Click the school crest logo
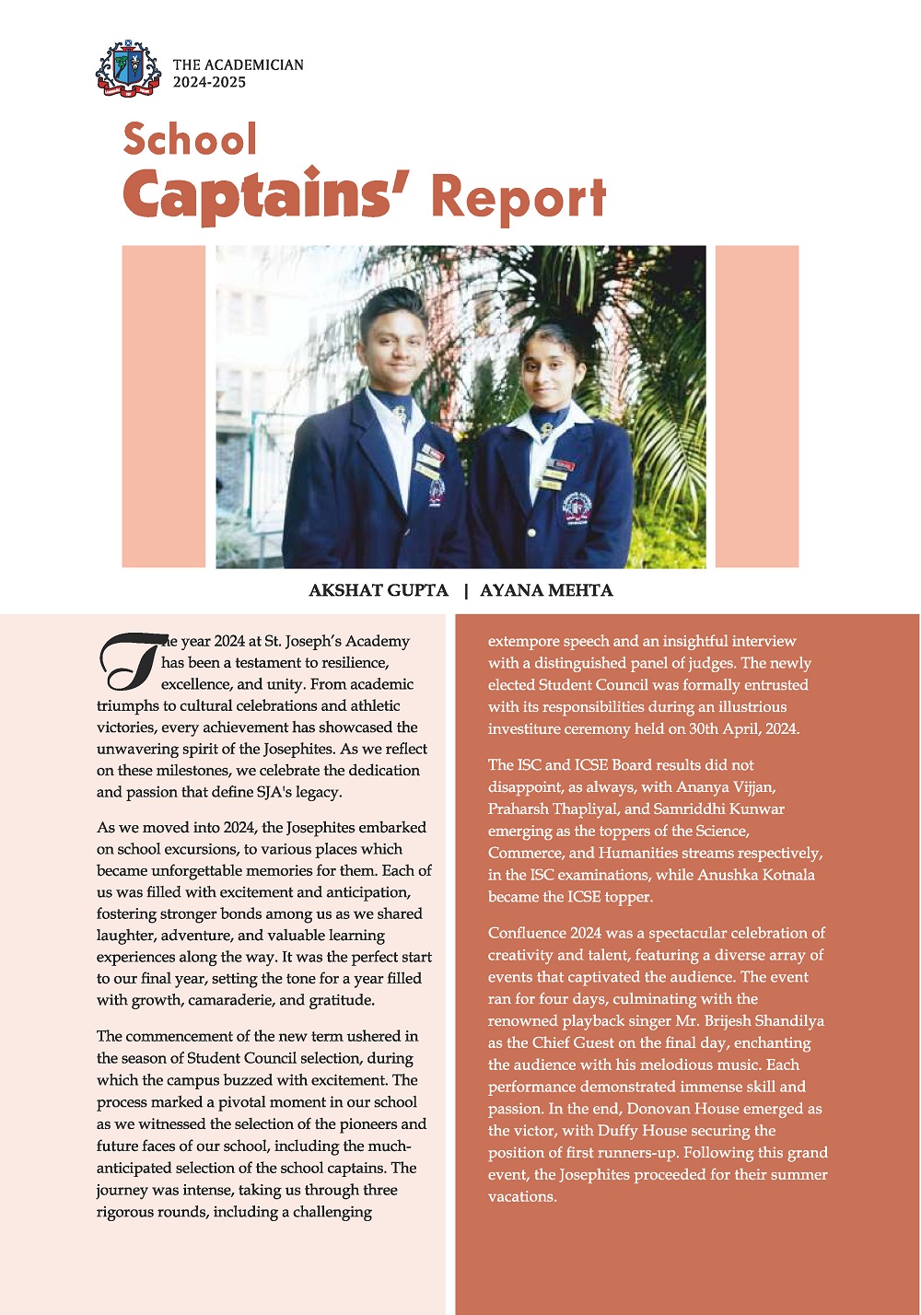(x=128, y=69)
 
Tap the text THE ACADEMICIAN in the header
(x=238, y=64)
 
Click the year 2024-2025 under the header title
(x=209, y=83)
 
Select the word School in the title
(x=190, y=140)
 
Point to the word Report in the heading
(x=519, y=197)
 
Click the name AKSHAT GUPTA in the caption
(x=379, y=590)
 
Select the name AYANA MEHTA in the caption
(x=546, y=590)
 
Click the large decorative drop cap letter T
(x=129, y=661)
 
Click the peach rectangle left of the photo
(x=163, y=406)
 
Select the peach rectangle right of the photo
(x=756, y=406)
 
